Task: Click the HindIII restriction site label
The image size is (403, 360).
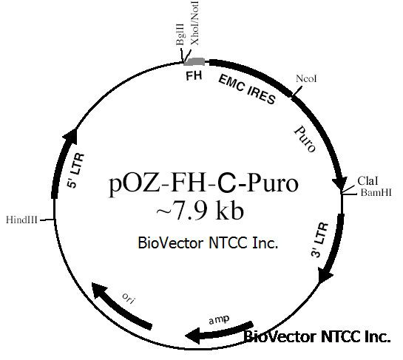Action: (21, 220)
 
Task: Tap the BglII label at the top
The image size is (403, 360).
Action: (180, 35)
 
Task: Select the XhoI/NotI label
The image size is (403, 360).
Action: (194, 23)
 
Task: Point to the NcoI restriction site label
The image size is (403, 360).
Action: (306, 78)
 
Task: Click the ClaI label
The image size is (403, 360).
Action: (368, 181)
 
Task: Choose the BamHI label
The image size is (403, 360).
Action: (376, 192)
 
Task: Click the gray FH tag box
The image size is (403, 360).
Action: (194, 61)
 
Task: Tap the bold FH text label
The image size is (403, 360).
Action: (194, 76)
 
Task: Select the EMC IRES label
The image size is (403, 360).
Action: (247, 89)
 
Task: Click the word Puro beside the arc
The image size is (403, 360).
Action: (305, 139)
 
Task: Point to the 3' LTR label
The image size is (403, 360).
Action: (319, 240)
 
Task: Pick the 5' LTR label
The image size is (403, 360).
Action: (75, 171)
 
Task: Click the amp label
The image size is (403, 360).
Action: (219, 319)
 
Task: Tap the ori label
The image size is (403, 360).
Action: (129, 298)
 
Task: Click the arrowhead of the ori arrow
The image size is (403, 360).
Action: (98, 289)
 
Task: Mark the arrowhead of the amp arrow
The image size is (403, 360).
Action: (192, 336)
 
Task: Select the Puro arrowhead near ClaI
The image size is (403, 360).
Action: (339, 183)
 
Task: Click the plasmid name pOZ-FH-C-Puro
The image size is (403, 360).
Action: (204, 184)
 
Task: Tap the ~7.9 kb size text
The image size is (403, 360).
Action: (200, 211)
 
